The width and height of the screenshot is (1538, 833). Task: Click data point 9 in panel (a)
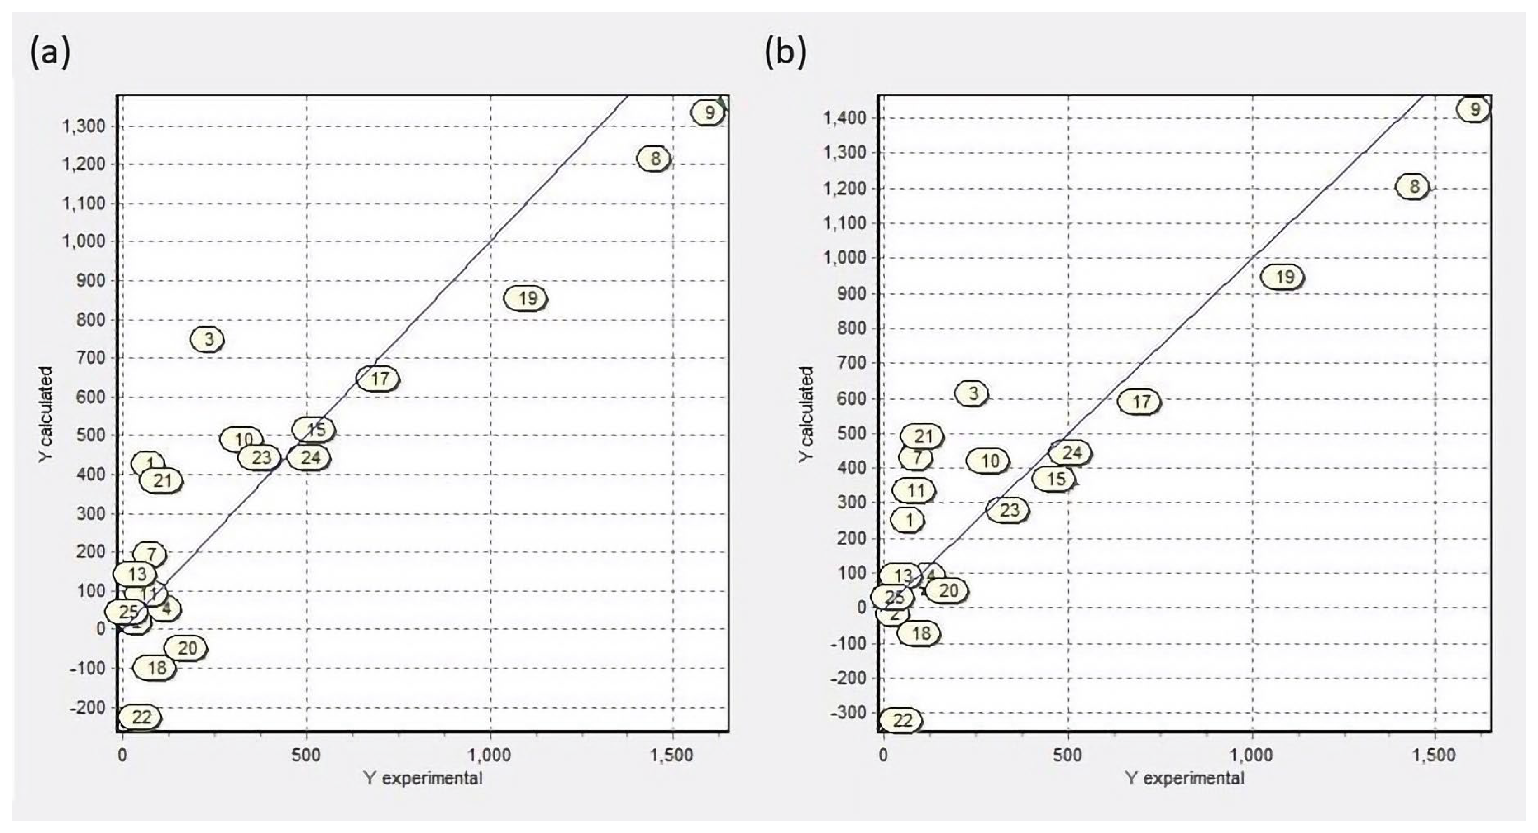click(x=708, y=112)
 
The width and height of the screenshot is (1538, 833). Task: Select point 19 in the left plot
click(x=526, y=298)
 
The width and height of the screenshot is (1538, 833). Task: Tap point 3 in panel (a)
click(x=207, y=339)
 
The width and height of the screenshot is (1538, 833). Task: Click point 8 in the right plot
click(x=1413, y=187)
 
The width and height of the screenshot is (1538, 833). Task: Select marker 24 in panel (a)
click(x=309, y=458)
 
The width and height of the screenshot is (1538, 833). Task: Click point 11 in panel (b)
click(x=914, y=491)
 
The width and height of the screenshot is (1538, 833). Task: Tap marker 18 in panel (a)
click(x=155, y=668)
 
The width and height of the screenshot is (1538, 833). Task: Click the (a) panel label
click(x=50, y=52)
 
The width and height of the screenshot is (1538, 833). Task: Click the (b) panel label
click(x=785, y=52)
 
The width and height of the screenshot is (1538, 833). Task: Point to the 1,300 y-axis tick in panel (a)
click(x=84, y=126)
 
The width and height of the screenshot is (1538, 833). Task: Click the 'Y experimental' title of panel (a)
click(x=423, y=778)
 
